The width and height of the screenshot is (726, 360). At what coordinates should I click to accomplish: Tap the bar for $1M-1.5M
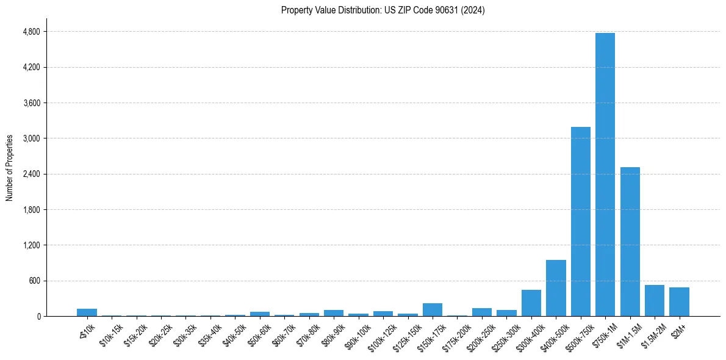[630, 242]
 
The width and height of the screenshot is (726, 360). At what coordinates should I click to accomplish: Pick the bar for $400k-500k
[556, 288]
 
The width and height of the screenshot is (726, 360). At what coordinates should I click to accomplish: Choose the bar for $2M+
[679, 302]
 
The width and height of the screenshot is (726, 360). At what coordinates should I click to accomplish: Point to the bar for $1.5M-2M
[654, 301]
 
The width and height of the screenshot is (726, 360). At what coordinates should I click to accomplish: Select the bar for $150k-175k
[432, 310]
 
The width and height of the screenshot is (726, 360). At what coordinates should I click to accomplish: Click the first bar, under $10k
[87, 312]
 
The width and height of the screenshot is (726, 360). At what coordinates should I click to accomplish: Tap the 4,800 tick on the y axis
[31, 32]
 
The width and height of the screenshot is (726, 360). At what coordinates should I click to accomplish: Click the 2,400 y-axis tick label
[31, 174]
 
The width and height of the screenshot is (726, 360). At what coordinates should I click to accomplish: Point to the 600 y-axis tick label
[34, 281]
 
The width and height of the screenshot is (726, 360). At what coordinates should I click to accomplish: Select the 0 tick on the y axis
[38, 316]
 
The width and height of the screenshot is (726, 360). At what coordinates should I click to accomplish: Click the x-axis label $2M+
[677, 329]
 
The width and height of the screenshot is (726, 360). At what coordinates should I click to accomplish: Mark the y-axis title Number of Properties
[9, 168]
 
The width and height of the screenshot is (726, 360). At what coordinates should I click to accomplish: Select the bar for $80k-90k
[334, 313]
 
